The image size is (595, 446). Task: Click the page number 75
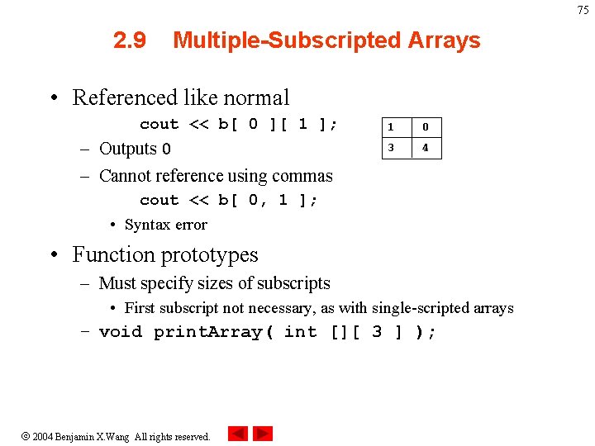tap(583, 10)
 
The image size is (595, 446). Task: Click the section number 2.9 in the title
tap(130, 40)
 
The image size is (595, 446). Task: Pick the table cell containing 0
tap(426, 127)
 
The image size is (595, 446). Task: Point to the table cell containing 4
tap(426, 149)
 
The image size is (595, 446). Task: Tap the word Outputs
tap(128, 149)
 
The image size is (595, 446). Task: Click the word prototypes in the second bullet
tap(210, 254)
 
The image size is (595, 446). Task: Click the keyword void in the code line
tap(121, 332)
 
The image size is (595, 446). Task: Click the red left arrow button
tap(237, 434)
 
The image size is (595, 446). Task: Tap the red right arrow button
tap(263, 434)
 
